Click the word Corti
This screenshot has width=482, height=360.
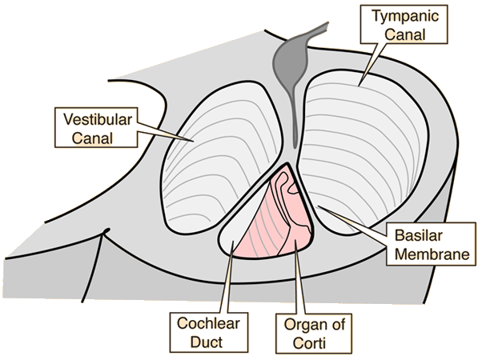(x=303, y=345)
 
